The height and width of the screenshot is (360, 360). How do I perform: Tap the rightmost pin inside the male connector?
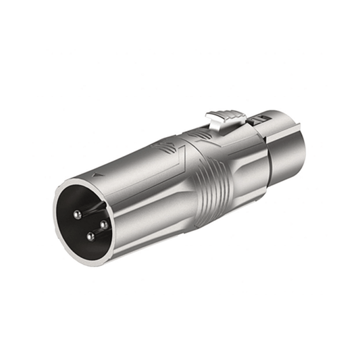pos(103,224)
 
